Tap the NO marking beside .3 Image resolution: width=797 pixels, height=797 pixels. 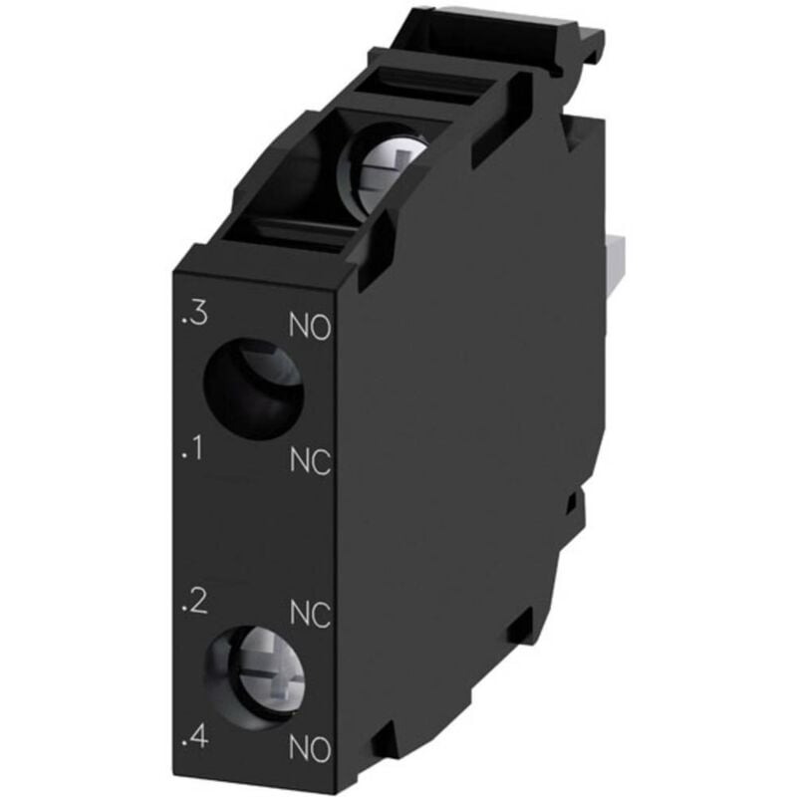point(309,327)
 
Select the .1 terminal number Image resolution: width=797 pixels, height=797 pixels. point(192,452)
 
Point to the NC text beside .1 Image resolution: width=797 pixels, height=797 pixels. point(310,460)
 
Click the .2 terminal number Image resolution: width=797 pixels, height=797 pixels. point(194,602)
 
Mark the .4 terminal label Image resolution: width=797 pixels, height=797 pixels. point(194,738)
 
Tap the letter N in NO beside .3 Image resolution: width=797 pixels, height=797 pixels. point(298,327)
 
